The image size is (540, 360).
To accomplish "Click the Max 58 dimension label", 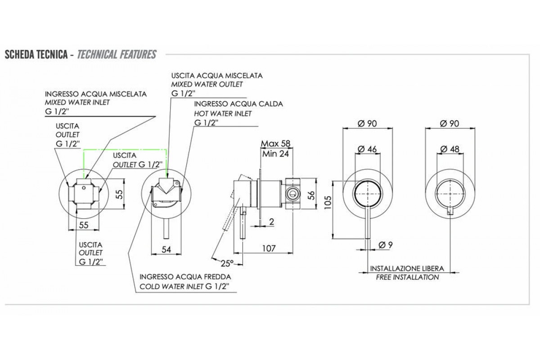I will (x=275, y=144).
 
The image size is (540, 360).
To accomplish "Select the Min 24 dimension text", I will (x=274, y=153).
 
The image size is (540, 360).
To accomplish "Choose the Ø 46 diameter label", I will (x=368, y=149).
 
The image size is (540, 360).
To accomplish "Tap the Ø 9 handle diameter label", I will (x=386, y=245).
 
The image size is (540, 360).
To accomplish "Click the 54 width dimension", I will (x=167, y=250).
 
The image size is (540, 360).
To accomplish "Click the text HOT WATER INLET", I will (x=223, y=113).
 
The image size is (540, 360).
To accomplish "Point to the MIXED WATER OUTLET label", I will (x=207, y=84).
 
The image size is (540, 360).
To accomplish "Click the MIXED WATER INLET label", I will (x=77, y=102).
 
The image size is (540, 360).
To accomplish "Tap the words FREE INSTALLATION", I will (x=407, y=277).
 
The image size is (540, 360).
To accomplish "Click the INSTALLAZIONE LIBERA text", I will (x=407, y=268).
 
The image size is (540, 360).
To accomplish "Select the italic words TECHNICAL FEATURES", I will (x=117, y=55).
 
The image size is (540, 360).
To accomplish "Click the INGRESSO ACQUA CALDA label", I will (x=238, y=104).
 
